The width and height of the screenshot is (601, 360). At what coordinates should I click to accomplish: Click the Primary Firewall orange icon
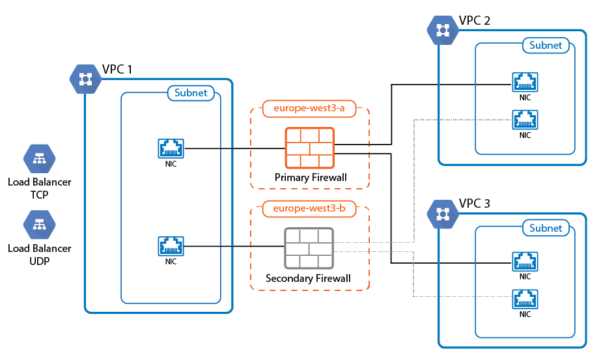click(x=309, y=147)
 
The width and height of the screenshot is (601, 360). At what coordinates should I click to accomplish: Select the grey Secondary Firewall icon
click(x=309, y=248)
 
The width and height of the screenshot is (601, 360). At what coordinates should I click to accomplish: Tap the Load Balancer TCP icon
click(x=40, y=158)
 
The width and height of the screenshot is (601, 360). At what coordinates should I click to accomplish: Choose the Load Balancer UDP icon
click(x=40, y=225)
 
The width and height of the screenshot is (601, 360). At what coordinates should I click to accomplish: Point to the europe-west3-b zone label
click(x=309, y=209)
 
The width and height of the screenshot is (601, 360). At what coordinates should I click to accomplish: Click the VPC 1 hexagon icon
click(x=85, y=79)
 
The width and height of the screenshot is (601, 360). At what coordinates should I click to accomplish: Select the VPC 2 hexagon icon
click(x=443, y=30)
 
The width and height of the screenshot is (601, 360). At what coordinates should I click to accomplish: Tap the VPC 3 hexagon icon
click(x=443, y=213)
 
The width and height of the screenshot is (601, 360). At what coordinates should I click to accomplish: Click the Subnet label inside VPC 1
click(x=191, y=93)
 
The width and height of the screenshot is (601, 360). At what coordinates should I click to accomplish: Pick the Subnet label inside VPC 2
click(x=546, y=46)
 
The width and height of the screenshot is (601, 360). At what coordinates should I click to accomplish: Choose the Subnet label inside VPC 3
click(x=546, y=228)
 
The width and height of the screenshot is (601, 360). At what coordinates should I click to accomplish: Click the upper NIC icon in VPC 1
click(x=171, y=148)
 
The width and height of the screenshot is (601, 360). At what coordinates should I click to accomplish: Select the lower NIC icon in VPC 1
click(x=171, y=246)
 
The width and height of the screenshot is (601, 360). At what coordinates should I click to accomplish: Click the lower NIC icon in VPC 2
click(x=525, y=120)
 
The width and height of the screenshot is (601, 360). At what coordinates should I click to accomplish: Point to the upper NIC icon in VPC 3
click(x=525, y=262)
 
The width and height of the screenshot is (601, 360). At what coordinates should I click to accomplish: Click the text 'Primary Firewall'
click(x=311, y=178)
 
